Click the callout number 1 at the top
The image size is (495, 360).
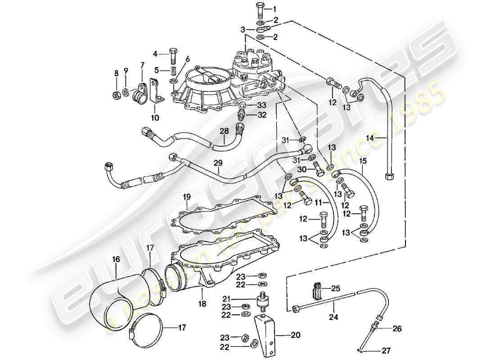click(x=275, y=9)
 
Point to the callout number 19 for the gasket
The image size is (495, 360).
click(x=187, y=197)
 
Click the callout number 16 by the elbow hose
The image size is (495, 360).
click(x=116, y=259)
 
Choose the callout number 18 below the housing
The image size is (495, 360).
click(x=202, y=304)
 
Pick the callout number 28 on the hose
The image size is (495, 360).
click(x=225, y=131)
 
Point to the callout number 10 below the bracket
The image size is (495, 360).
click(x=155, y=118)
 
